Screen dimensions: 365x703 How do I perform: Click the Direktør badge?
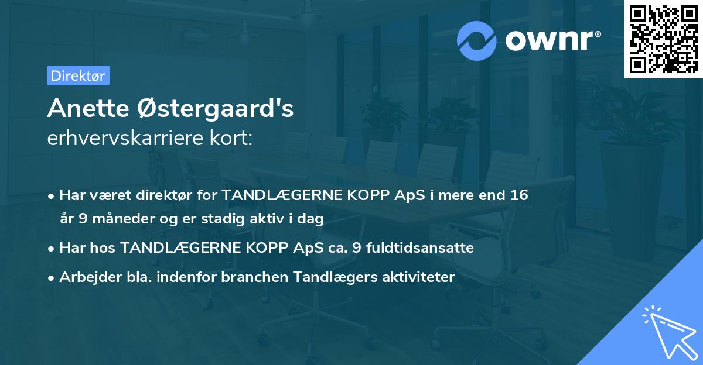pos(78,75)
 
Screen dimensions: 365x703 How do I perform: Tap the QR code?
pos(663,39)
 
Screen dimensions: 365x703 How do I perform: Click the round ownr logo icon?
pos(477,40)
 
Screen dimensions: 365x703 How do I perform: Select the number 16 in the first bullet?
pos(519,195)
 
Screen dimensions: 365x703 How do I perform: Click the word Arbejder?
pos(86,277)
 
